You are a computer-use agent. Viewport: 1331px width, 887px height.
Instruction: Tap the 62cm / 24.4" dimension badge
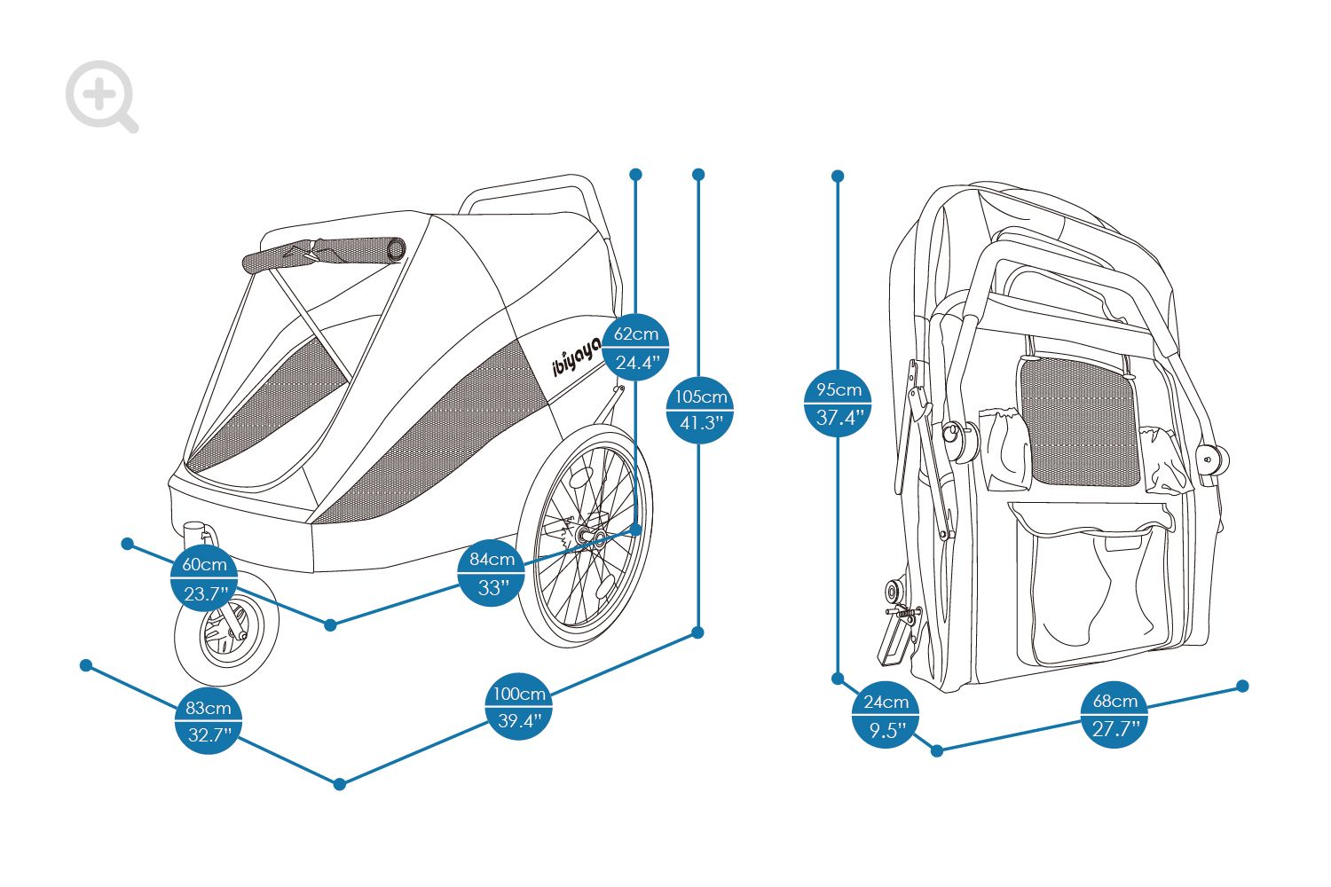coord(636,348)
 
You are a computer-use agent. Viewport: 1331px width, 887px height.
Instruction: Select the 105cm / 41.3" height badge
coord(700,410)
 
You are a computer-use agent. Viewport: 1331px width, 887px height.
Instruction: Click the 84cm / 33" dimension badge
coord(492,573)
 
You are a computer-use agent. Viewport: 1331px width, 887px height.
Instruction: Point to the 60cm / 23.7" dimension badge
coord(204,578)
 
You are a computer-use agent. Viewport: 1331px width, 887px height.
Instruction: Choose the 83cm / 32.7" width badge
coord(208,721)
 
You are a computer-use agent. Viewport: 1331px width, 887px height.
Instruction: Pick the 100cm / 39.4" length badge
coord(519,706)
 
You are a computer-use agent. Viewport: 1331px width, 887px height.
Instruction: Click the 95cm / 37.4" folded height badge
coord(838,404)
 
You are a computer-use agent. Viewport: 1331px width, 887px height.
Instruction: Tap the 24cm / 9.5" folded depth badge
coord(886,715)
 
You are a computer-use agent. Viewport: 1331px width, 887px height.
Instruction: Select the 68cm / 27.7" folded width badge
coord(1114,715)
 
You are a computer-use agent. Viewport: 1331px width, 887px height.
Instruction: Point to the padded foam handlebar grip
coord(325,255)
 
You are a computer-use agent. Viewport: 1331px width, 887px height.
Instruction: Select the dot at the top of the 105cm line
coord(699,175)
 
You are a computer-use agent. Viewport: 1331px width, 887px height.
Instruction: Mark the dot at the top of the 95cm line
coord(838,176)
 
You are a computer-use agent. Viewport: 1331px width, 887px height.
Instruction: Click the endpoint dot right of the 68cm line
coord(1242,687)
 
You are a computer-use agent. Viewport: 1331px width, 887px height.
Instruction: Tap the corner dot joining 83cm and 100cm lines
coord(340,784)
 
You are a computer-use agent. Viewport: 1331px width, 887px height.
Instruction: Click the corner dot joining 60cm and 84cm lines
coord(330,624)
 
